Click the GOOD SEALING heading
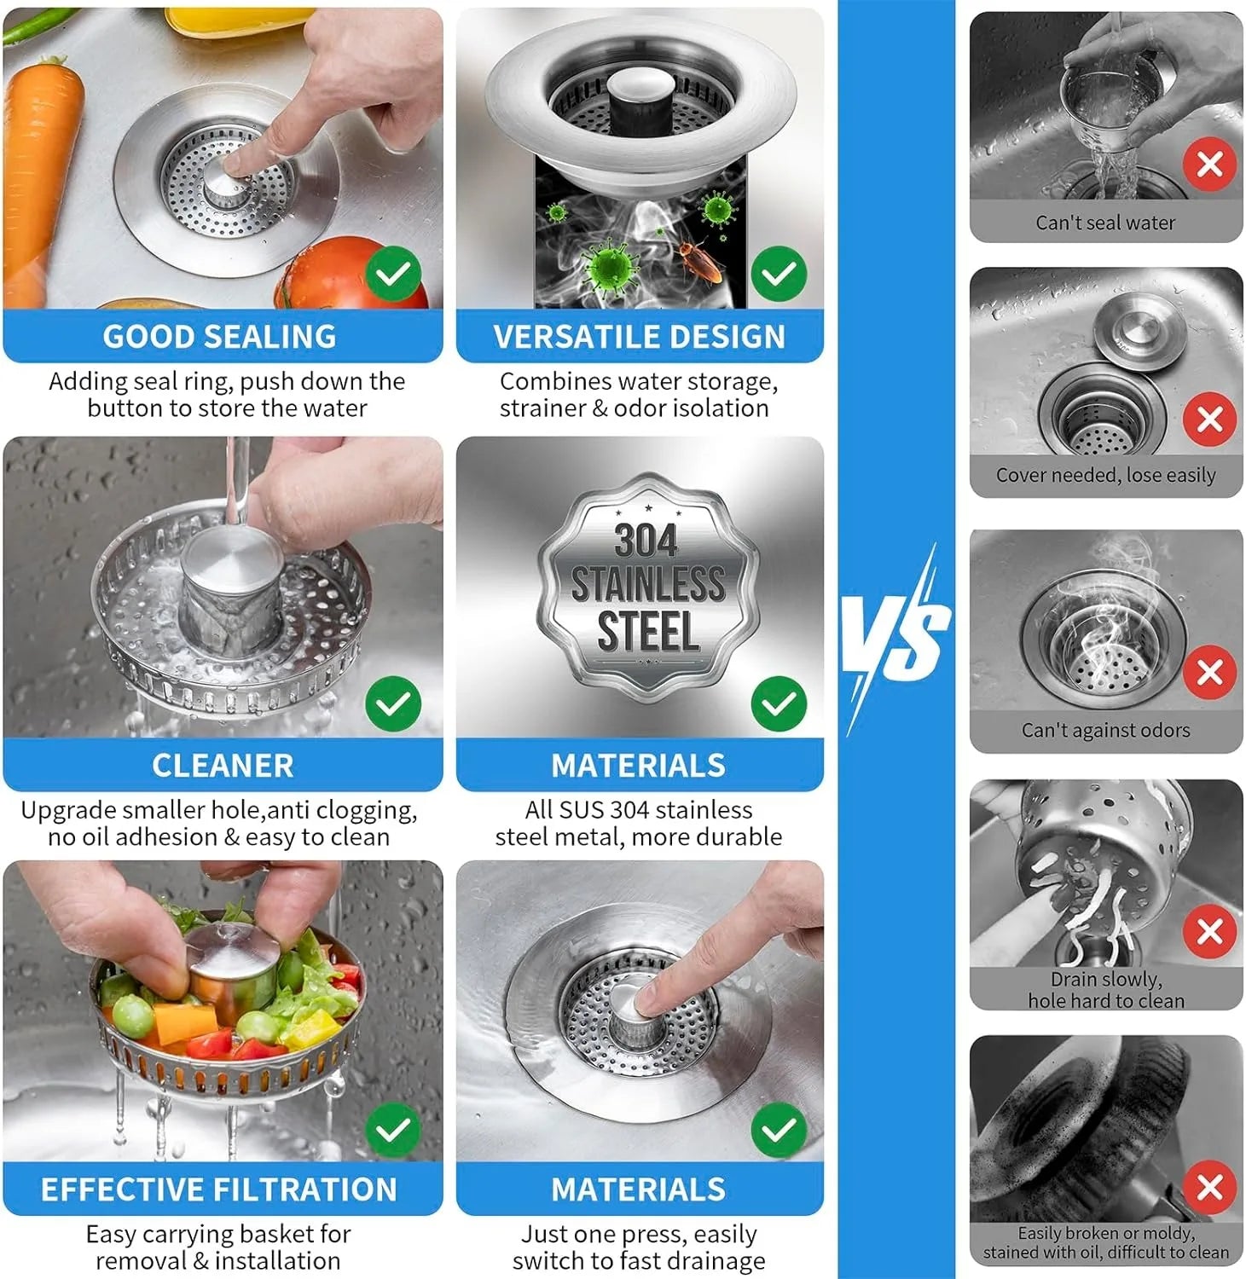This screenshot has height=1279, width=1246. point(220,337)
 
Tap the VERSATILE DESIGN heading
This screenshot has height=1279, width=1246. point(639,337)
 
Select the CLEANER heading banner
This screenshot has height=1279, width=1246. point(223,766)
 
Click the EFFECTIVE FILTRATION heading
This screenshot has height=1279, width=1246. point(219,1189)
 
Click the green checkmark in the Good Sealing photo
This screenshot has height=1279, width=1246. point(393,274)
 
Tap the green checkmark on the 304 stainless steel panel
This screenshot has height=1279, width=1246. point(779,704)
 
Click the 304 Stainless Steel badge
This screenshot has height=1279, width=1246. point(647,587)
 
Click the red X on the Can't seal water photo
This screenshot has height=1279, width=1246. point(1209,164)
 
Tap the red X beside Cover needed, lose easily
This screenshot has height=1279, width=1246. point(1209,419)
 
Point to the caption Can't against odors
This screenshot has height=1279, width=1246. point(1105,731)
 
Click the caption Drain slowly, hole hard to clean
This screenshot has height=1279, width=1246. point(1105,990)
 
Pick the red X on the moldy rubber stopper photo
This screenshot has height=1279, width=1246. point(1209,1187)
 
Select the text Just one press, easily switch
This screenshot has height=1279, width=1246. point(639,1234)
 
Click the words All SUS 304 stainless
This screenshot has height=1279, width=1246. point(639,809)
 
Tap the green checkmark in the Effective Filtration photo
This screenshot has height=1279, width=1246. point(393,1131)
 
